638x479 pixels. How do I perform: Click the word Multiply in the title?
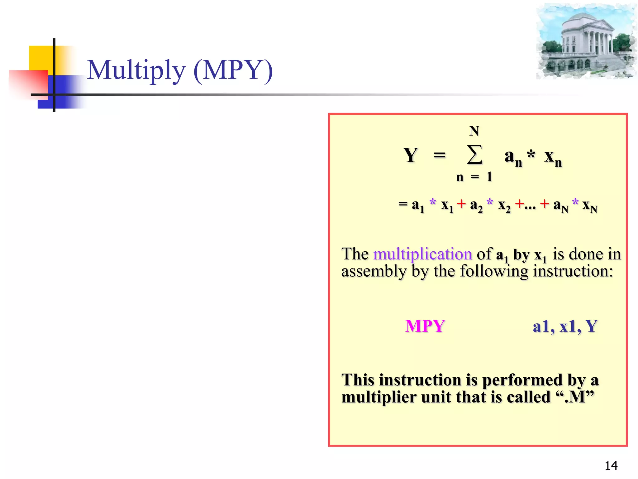pyautogui.click(x=136, y=70)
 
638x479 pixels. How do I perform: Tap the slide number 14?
pyautogui.click(x=611, y=466)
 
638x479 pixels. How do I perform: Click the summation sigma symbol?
pyautogui.click(x=474, y=155)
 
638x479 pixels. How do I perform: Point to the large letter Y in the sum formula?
pyautogui.click(x=410, y=155)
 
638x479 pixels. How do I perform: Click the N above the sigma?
pyautogui.click(x=474, y=131)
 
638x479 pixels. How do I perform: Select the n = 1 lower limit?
pyautogui.click(x=474, y=177)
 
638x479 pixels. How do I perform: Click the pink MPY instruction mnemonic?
pyautogui.click(x=425, y=326)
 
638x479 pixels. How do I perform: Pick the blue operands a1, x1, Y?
pyautogui.click(x=565, y=326)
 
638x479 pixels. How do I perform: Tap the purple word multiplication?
pyautogui.click(x=422, y=254)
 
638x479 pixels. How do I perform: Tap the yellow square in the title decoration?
pyautogui.click(x=40, y=58)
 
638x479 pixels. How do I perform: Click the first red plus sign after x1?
pyautogui.click(x=461, y=204)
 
